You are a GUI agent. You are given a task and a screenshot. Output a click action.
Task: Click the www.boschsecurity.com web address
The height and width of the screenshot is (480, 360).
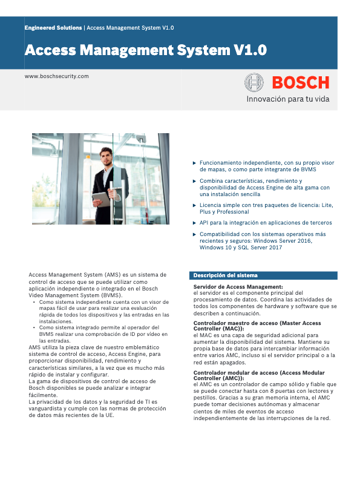click(x=57, y=76)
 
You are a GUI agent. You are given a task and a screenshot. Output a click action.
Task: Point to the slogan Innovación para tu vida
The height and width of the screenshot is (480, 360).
click(x=287, y=99)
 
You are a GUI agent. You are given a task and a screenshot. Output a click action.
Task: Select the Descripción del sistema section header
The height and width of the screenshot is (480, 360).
click(x=225, y=275)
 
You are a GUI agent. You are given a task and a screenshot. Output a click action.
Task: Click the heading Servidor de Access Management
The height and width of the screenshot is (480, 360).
click(x=238, y=286)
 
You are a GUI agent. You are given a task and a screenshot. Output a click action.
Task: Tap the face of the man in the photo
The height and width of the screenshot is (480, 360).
click(x=107, y=158)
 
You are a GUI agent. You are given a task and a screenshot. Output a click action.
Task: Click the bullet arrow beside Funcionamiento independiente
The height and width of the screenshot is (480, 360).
click(x=194, y=163)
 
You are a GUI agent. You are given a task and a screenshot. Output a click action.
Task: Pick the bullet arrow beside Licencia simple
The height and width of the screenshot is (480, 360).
click(x=194, y=205)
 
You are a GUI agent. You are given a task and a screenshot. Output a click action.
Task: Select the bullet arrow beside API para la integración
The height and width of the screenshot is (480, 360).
click(x=194, y=223)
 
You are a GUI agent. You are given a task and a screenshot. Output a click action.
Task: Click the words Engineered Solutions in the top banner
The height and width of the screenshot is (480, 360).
click(x=53, y=28)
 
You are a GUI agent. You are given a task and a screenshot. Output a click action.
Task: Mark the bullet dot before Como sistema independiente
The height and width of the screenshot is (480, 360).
click(x=34, y=301)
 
